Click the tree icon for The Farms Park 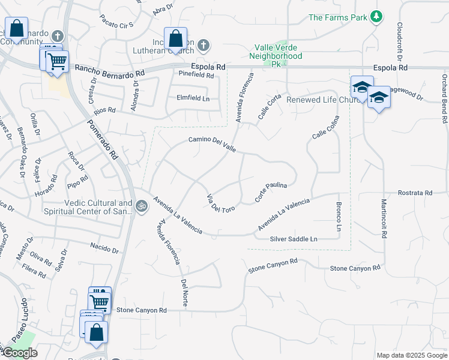pos(376,17)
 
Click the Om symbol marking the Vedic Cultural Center pos(141,206)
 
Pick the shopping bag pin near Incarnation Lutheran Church pos(175,40)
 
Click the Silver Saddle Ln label pos(293,239)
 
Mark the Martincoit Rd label pos(383,218)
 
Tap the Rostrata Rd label pos(415,193)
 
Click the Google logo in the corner pos(20,353)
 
